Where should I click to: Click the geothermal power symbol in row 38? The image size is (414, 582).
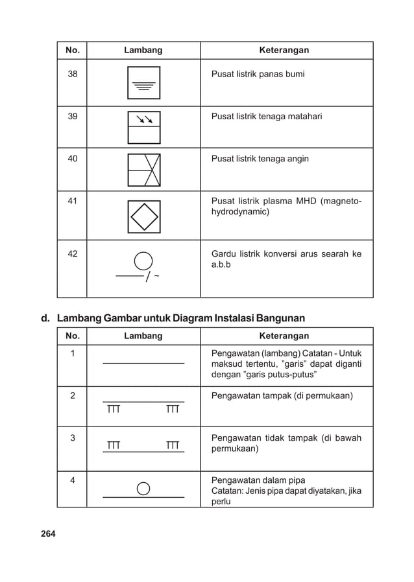143,83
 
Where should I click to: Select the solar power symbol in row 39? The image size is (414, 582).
143,127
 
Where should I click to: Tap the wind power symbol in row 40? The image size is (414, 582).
143,170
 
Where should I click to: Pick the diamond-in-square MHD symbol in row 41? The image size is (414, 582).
143,216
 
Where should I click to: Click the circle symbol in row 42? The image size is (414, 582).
143,261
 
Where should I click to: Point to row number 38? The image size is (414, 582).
73,75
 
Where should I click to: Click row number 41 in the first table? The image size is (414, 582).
73,201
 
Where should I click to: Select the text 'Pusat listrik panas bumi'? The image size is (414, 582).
258,75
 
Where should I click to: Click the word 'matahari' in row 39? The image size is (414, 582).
303,117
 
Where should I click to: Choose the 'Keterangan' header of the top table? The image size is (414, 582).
284,50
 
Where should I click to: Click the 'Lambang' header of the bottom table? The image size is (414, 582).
143,336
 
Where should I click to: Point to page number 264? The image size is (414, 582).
48,533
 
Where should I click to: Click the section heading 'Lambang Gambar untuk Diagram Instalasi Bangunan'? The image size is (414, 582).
181,318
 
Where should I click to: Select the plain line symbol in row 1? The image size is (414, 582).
143,364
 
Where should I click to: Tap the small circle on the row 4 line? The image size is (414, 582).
143,487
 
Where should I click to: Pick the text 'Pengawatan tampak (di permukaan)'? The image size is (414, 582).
282,395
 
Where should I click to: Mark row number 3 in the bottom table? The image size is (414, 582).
73,437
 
